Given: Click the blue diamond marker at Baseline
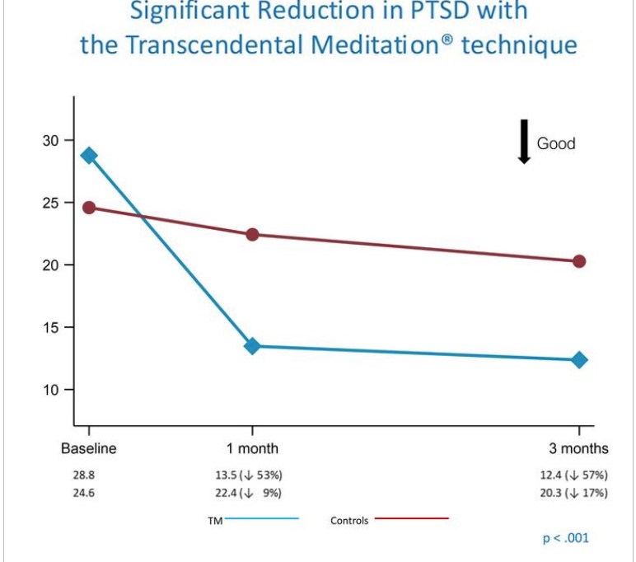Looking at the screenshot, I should (x=89, y=156).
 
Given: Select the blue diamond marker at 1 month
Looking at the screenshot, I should (x=252, y=346).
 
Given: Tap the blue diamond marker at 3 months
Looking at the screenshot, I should (x=579, y=360).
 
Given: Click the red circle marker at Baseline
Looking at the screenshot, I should (x=89, y=208).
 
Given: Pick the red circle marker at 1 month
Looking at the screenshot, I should (x=252, y=235).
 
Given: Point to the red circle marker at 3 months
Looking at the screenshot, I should (x=579, y=261).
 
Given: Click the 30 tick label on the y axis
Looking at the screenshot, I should (x=52, y=141).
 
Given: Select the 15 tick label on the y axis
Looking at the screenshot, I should (x=52, y=328).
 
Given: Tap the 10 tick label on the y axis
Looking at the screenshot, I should (x=52, y=390).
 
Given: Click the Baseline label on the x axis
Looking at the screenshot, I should (x=89, y=449).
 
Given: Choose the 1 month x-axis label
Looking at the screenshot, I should (x=252, y=449).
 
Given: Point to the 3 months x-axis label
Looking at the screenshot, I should (x=578, y=449).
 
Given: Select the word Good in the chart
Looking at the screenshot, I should (x=556, y=143).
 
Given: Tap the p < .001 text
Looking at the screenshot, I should (x=565, y=538).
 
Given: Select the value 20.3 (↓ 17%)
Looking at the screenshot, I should (x=573, y=493).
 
